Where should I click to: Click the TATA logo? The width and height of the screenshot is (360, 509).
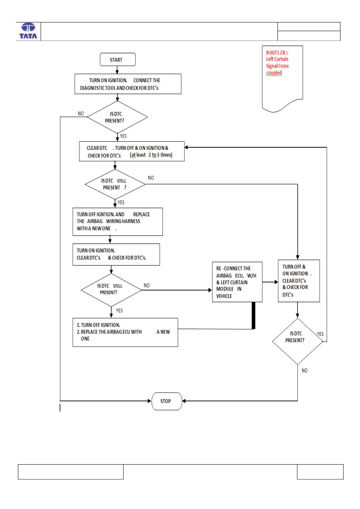[x=28, y=31]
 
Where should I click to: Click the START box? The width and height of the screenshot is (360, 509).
[x=118, y=60]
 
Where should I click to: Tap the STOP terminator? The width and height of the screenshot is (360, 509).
[x=167, y=401]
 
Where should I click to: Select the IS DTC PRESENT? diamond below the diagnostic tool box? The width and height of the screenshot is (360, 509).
[x=117, y=117]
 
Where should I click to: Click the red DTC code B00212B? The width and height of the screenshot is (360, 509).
[x=277, y=53]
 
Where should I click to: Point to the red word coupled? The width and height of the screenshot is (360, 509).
[x=274, y=73]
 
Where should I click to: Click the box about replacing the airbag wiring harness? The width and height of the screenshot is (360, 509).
[x=118, y=222]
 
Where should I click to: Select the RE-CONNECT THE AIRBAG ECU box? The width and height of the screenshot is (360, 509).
[x=237, y=282]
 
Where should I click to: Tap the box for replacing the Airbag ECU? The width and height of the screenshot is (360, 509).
[x=125, y=332]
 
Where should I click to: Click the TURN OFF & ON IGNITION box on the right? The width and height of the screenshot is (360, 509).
[x=299, y=281]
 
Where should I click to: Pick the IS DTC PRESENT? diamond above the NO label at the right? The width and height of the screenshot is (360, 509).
[x=297, y=341]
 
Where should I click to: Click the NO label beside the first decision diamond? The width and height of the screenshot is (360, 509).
[x=81, y=113]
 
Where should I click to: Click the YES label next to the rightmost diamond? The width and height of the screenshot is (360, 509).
[x=320, y=334]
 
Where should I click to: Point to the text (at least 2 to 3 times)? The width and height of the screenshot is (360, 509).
[x=151, y=155]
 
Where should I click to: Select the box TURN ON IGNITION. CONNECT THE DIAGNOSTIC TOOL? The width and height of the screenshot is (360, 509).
[x=128, y=84]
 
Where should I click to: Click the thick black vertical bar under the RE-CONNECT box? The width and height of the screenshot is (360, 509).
[x=254, y=315]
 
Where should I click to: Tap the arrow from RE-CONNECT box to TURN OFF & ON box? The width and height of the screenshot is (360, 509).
[x=270, y=282]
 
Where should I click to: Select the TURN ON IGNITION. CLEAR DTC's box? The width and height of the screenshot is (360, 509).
[x=116, y=254]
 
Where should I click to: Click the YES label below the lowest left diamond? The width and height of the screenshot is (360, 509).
[x=119, y=310]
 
